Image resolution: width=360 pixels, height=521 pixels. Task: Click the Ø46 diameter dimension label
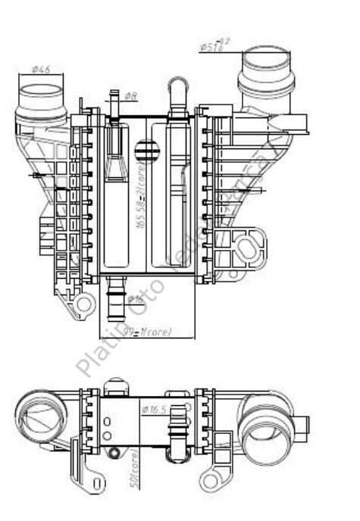pos(40,69)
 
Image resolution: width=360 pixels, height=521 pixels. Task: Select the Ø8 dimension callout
pos(130,97)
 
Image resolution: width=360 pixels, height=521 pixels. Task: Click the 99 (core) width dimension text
pos(147,331)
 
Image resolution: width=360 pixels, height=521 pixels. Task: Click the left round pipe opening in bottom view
pos(41,416)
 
